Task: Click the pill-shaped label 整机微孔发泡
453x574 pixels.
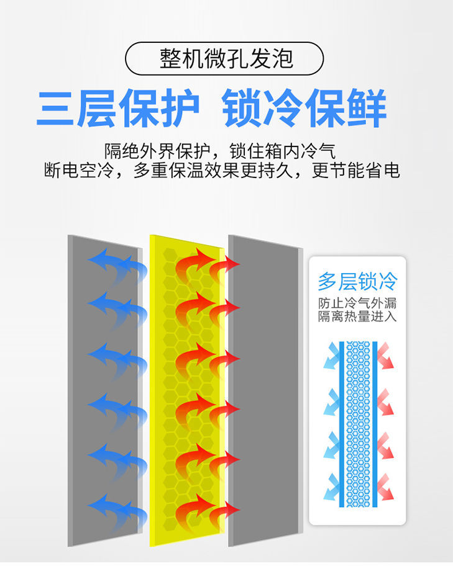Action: (224, 58)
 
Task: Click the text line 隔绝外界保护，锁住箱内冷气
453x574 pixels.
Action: (220, 151)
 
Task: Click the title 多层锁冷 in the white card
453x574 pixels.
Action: (357, 282)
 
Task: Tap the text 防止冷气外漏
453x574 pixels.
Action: (357, 304)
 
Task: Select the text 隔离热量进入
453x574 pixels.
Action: (357, 317)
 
